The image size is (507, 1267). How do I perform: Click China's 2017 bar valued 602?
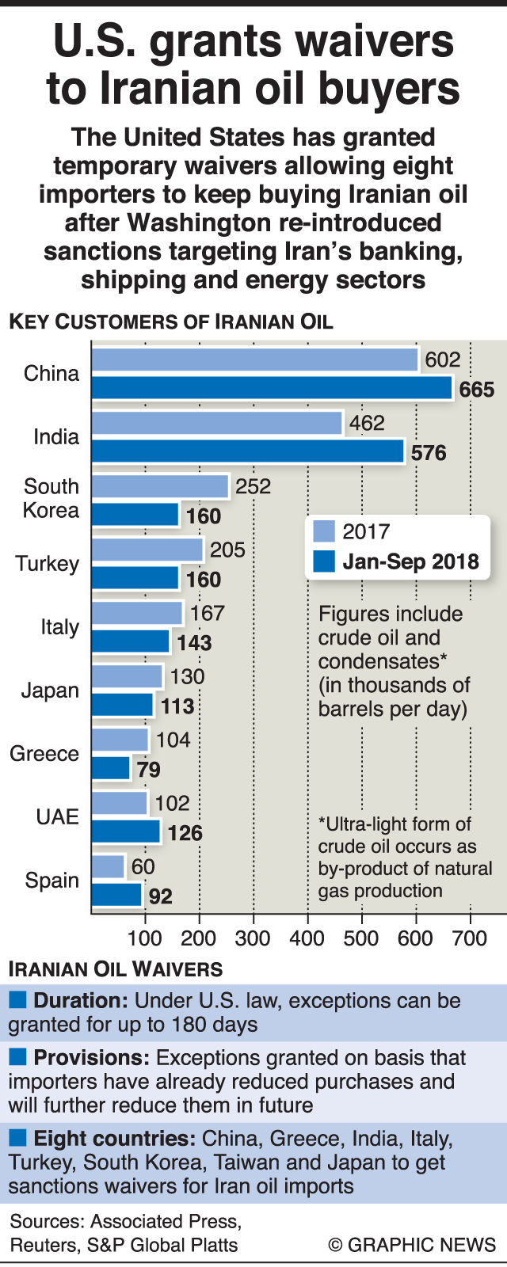pos(253,360)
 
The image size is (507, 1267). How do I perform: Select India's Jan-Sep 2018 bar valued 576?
pos(247,452)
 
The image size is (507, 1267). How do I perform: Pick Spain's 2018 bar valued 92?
pos(116,896)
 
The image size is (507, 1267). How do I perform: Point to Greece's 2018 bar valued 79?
pos(111,768)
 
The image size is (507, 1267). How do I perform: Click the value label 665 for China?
pos(477,390)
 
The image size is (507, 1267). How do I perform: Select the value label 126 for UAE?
pos(185,833)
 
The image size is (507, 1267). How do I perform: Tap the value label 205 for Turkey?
pos(228,550)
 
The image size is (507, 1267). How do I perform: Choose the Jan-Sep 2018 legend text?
pos(410,562)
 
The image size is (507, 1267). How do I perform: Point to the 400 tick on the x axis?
pos(307,938)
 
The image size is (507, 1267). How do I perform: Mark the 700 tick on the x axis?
pos(470,938)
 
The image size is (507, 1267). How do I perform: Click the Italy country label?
pos(60,627)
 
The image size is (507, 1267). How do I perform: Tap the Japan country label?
pos(51,691)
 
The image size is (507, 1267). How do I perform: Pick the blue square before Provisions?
pos(17,1057)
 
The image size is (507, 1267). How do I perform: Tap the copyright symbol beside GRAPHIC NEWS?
pos(336,1244)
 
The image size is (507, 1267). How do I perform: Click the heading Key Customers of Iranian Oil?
pos(171,322)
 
